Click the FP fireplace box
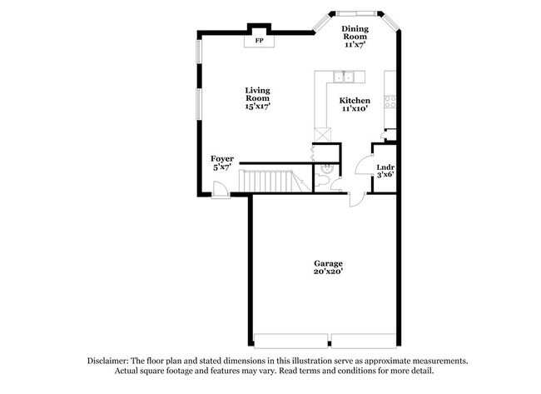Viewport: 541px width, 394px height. coord(259,40)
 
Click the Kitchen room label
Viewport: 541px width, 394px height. coord(355,101)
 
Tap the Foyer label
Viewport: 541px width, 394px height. coord(221,158)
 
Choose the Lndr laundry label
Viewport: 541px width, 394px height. coord(384,167)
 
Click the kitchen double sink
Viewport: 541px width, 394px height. coord(344,78)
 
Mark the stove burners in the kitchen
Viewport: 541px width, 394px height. coord(389,104)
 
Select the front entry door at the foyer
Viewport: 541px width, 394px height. coord(221,191)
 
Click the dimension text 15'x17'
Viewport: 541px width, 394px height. coord(257,106)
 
